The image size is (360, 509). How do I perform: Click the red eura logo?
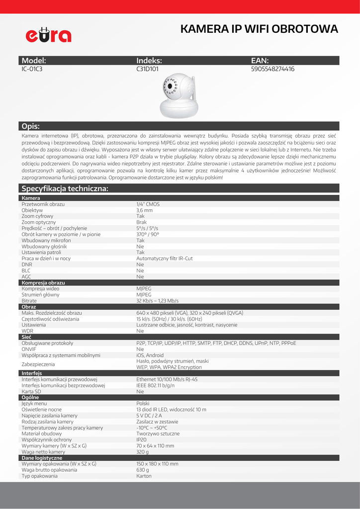pyautogui.click(x=49, y=34)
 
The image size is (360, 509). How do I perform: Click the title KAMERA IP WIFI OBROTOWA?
pyautogui.click(x=259, y=29)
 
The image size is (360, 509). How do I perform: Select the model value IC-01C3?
pyautogui.click(x=32, y=69)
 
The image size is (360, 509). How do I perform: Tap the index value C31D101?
pyautogui.click(x=147, y=69)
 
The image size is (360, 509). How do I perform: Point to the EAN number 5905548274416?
pyautogui.click(x=273, y=69)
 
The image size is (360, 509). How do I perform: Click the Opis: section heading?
pyautogui.click(x=31, y=126)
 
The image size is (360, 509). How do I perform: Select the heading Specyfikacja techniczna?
pyautogui.click(x=65, y=188)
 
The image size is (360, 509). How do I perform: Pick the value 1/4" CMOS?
pyautogui.click(x=148, y=204)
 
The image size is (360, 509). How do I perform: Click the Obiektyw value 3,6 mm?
pyautogui.click(x=145, y=210)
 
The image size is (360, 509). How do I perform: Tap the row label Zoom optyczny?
pyautogui.click(x=39, y=222)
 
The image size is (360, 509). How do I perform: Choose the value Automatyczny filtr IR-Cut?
pyautogui.click(x=165, y=258)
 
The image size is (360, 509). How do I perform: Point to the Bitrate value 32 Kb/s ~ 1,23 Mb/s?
pyautogui.click(x=158, y=301)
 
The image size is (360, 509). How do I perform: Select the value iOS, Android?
pyautogui.click(x=150, y=355)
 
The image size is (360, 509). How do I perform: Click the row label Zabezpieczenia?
pyautogui.click(x=38, y=364)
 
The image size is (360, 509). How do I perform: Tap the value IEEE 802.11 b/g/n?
pyautogui.click(x=156, y=385)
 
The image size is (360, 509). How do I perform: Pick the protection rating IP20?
pyautogui.click(x=141, y=440)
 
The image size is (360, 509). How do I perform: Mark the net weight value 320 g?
pyautogui.click(x=143, y=452)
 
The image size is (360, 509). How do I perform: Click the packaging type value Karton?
pyautogui.click(x=144, y=476)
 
